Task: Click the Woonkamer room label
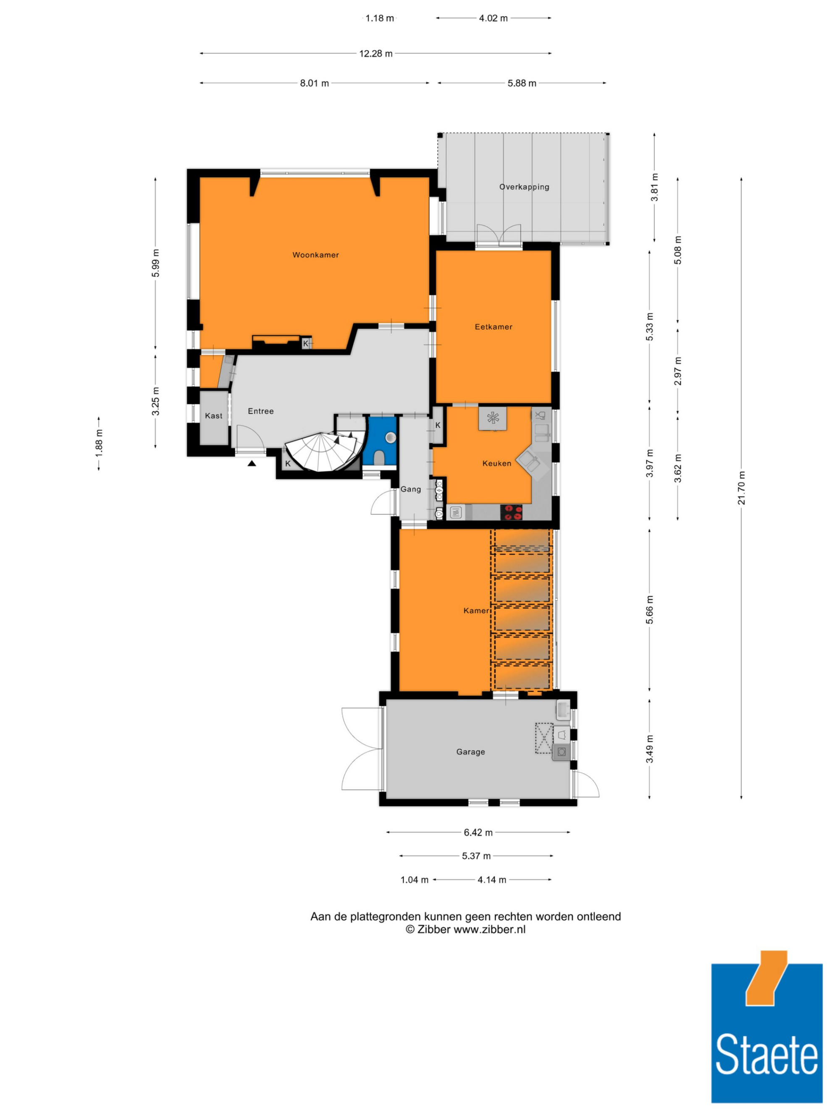click(315, 254)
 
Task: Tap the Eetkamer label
click(493, 327)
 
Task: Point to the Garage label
click(470, 751)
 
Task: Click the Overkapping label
click(524, 187)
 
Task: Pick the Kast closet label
click(213, 416)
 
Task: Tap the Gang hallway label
click(411, 489)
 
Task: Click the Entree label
click(261, 411)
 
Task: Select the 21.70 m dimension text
click(741, 488)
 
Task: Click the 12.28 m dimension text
click(376, 53)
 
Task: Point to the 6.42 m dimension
click(478, 832)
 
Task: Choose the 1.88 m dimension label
click(99, 443)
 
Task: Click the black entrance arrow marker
click(252, 463)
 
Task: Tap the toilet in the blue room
click(379, 457)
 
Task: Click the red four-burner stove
click(512, 512)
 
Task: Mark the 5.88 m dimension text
click(522, 83)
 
